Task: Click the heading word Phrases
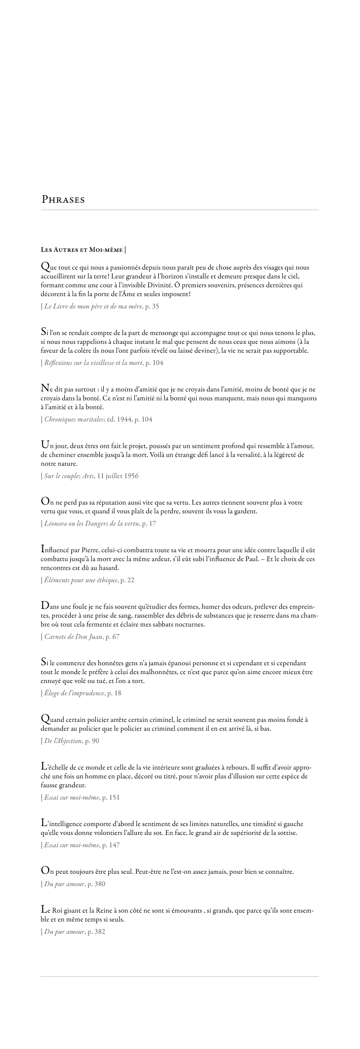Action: [63, 200]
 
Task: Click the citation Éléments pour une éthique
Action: [82, 580]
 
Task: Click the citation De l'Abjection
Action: [63, 741]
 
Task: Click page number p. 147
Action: [111, 845]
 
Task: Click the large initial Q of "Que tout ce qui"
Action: [45, 267]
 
